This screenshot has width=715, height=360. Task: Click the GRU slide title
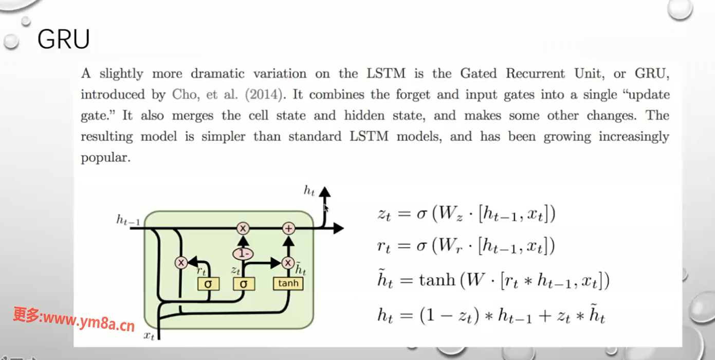(x=63, y=39)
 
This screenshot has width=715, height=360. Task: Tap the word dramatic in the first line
(x=217, y=74)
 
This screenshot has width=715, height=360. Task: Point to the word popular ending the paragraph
(x=105, y=158)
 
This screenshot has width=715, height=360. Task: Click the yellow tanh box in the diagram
(x=288, y=283)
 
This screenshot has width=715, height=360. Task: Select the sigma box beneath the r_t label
(x=208, y=283)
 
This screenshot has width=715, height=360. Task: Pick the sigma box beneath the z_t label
(x=244, y=283)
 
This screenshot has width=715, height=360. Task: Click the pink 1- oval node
(x=243, y=254)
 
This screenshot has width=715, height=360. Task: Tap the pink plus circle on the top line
(x=288, y=228)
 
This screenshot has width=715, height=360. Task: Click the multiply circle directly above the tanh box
(x=288, y=263)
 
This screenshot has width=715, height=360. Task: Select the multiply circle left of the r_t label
(x=181, y=263)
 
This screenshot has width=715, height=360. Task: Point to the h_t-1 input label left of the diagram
(x=128, y=221)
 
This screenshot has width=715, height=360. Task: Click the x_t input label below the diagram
(x=149, y=336)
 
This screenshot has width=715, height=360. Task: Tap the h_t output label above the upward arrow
(x=309, y=191)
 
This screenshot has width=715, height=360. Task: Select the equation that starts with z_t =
(x=466, y=213)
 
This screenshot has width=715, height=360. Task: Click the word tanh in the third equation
(x=437, y=280)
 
